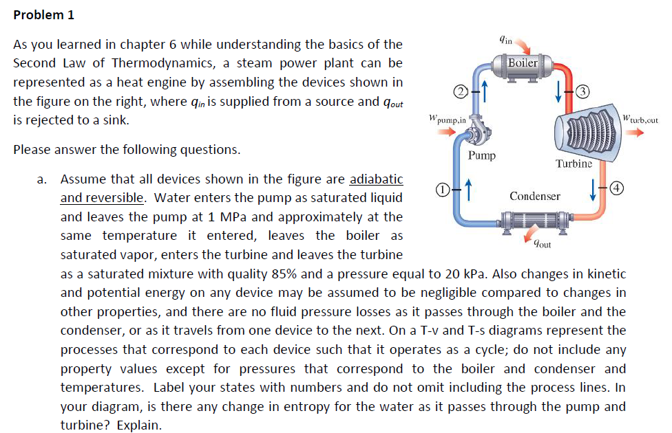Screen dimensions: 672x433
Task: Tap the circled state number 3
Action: (581, 92)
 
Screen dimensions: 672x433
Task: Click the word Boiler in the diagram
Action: (523, 63)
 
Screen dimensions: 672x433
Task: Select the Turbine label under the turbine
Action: (574, 164)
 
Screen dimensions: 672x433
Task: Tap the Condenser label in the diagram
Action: (535, 197)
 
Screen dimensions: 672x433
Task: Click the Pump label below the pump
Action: (481, 155)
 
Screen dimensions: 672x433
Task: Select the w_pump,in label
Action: (447, 119)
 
